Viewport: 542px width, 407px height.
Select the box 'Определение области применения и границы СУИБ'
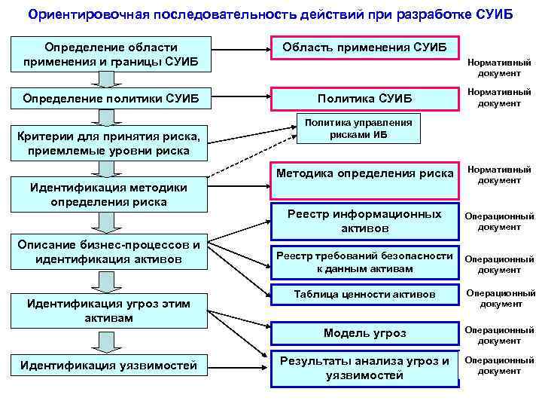(111, 54)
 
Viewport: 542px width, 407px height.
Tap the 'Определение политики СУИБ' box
(111, 97)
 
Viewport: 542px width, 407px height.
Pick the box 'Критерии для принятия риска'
(111, 143)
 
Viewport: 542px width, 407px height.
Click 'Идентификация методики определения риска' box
(111, 194)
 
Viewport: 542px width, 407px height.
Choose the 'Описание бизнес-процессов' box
(111, 252)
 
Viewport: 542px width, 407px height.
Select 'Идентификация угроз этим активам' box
(111, 311)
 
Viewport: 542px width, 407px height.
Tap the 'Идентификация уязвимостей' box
(111, 366)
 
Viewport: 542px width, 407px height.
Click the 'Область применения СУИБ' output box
(364, 48)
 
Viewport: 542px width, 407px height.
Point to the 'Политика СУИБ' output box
(364, 99)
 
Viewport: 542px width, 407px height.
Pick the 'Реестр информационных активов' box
(364, 220)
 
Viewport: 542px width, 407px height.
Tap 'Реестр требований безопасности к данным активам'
(364, 262)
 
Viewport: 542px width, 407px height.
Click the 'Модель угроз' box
(364, 333)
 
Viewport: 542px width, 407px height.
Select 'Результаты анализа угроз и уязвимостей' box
(364, 368)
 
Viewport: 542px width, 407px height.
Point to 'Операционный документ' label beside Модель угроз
(499, 335)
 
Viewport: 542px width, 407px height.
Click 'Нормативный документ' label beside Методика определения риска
(499, 175)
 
